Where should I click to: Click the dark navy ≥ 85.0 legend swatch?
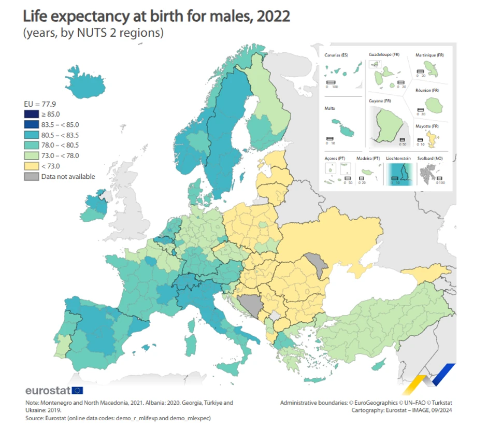click(31, 114)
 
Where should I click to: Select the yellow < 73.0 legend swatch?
click(31, 166)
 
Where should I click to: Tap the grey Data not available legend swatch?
click(31, 176)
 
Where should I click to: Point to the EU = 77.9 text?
click(40, 104)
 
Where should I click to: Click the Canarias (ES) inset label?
click(336, 55)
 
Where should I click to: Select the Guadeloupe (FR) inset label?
click(384, 54)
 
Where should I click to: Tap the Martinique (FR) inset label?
click(429, 55)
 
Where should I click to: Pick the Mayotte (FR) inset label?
click(427, 126)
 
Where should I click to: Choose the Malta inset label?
click(330, 108)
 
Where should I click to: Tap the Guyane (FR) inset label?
click(380, 101)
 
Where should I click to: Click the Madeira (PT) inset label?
click(368, 158)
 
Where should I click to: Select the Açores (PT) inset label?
click(335, 158)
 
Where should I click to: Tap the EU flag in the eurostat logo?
click(78, 390)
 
